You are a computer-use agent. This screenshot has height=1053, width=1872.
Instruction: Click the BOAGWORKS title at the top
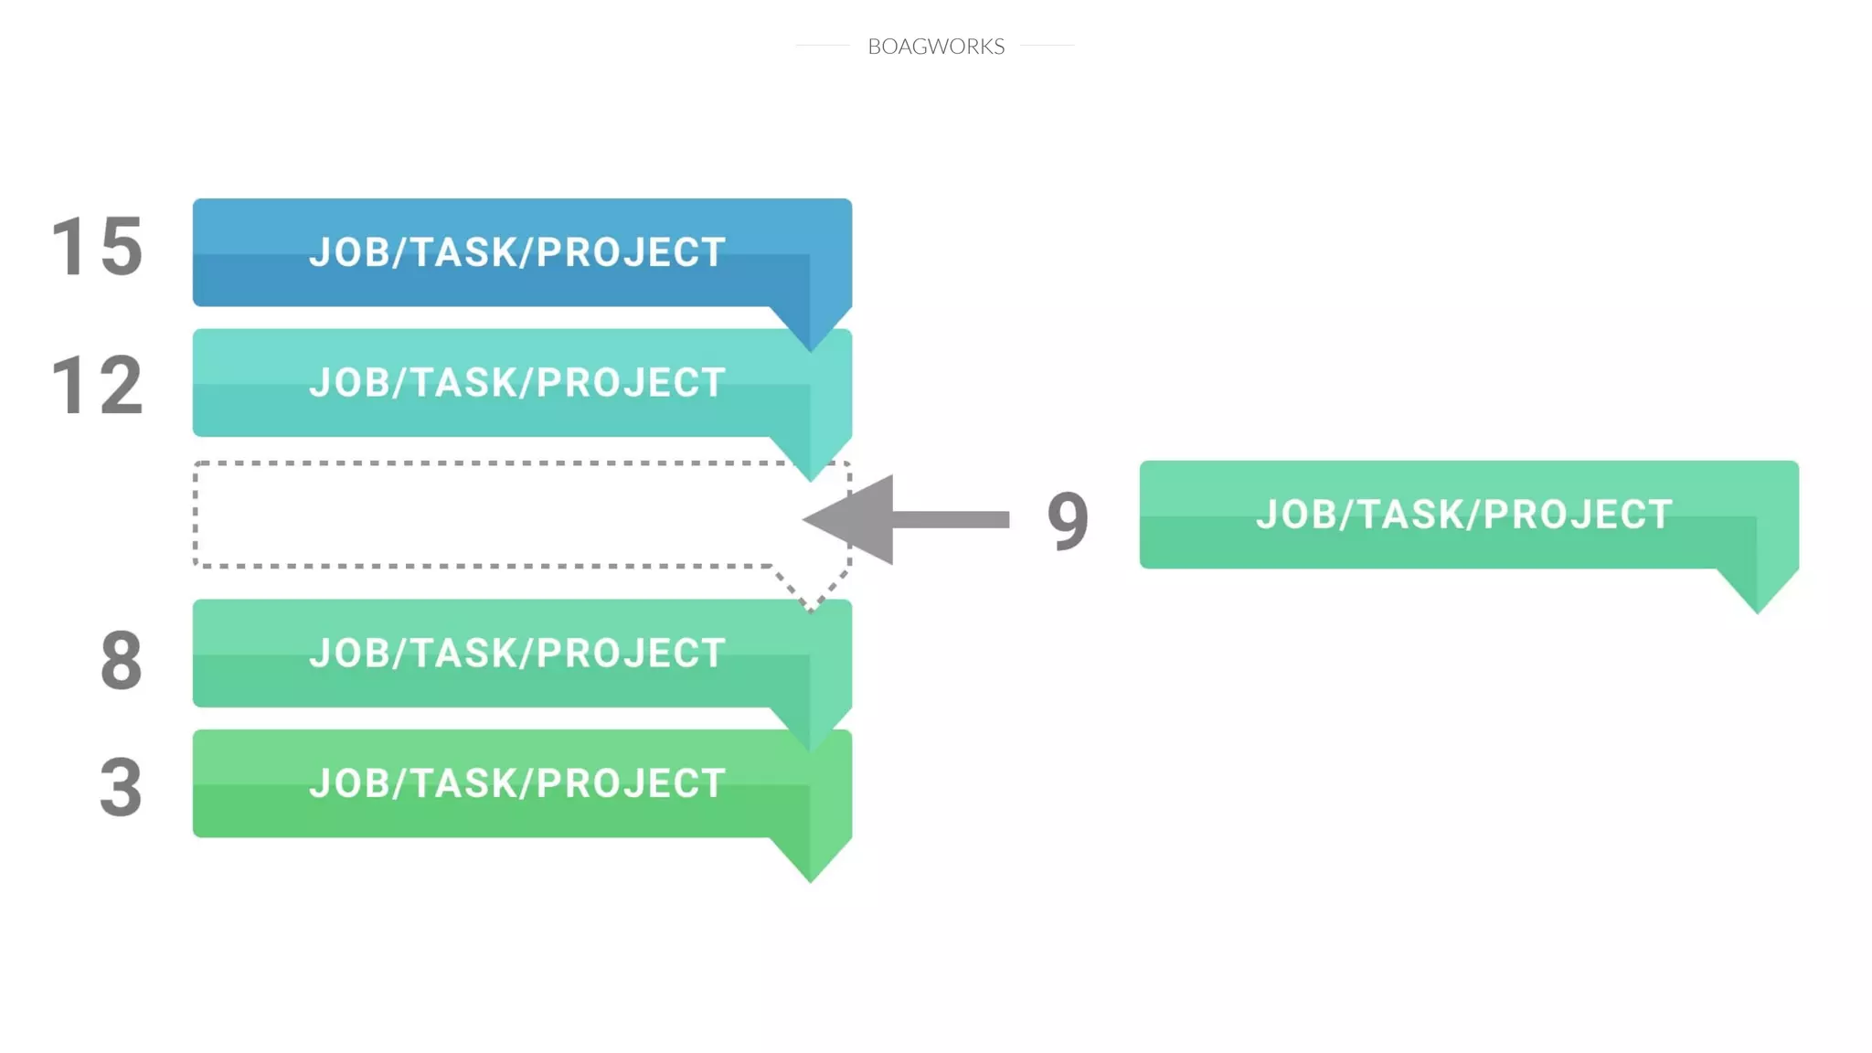click(935, 46)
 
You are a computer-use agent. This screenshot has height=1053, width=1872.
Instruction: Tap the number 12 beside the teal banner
click(97, 386)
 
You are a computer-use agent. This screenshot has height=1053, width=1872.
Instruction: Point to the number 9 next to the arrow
click(1068, 520)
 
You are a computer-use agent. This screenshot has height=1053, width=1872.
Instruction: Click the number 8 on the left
click(121, 660)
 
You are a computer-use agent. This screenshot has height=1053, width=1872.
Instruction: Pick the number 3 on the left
click(121, 787)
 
